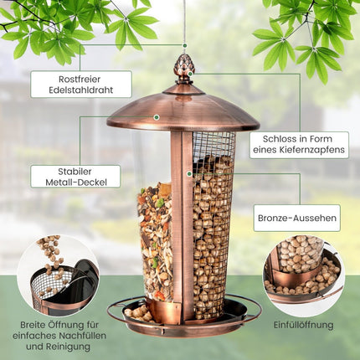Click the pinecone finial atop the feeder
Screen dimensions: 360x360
[183, 68]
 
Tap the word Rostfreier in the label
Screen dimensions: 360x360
[80, 80]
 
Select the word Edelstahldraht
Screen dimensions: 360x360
[81, 90]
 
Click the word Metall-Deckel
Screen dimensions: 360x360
[76, 183]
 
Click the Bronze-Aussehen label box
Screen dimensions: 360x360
[297, 218]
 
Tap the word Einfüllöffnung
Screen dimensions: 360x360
[303, 325]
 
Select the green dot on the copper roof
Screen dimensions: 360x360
[157, 117]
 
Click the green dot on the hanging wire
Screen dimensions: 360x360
[185, 45]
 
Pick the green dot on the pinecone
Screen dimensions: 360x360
[190, 74]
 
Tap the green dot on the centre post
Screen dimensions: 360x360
[189, 173]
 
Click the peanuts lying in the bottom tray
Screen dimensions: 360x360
[138, 313]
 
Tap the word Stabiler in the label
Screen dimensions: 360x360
[75, 172]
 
